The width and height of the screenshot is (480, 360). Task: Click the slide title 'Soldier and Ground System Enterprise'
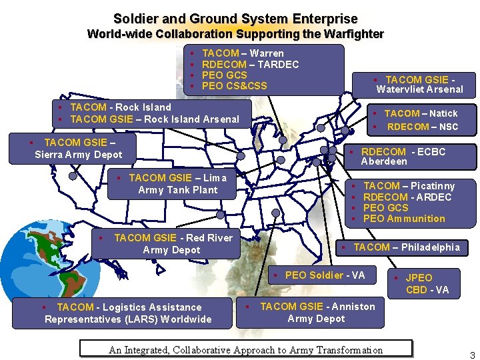[235, 19]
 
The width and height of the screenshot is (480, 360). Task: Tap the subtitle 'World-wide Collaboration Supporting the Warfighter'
[235, 34]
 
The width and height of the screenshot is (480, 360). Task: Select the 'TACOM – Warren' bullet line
[243, 53]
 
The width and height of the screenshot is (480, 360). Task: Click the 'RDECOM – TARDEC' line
[250, 64]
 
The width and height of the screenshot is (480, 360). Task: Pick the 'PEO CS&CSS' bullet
[234, 86]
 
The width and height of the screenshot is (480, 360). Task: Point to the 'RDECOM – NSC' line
[423, 127]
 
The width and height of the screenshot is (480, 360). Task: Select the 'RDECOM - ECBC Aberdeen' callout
[403, 157]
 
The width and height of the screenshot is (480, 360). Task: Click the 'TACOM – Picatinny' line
[409, 186]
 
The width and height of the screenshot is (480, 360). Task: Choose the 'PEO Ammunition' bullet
[404, 219]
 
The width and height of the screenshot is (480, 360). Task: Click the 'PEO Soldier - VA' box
[325, 275]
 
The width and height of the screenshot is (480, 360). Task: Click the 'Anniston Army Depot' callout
[316, 313]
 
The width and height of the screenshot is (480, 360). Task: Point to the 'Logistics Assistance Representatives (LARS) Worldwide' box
[128, 313]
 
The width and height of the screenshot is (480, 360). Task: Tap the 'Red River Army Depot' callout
[171, 244]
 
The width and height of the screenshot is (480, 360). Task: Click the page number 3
[472, 355]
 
